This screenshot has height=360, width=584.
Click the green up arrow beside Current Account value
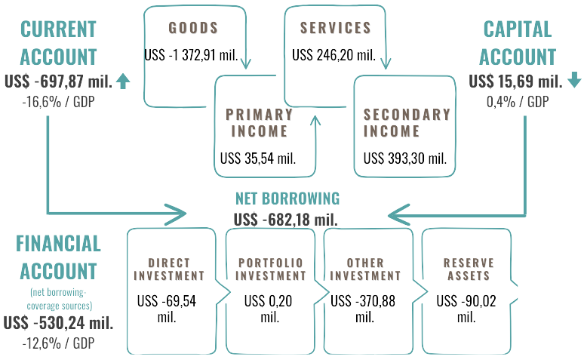[x=124, y=82]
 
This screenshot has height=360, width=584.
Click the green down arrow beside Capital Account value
[x=573, y=81]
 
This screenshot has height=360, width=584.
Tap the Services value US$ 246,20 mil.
[x=333, y=55]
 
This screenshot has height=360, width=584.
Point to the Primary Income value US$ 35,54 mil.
[x=257, y=158]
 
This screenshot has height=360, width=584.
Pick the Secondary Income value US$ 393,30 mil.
[x=405, y=158]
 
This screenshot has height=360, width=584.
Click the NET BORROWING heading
[x=287, y=198]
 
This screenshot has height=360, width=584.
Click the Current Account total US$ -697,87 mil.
[x=58, y=82]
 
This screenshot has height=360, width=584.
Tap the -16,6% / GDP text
[x=58, y=100]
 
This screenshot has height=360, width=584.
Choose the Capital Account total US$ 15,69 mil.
[x=515, y=82]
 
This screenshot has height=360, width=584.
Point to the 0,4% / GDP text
[x=518, y=100]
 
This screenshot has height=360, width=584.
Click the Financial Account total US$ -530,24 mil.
[x=58, y=323]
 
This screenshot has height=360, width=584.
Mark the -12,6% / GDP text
[x=59, y=343]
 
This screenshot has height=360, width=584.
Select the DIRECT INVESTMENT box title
[x=169, y=269]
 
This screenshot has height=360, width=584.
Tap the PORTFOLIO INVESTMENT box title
[x=271, y=269]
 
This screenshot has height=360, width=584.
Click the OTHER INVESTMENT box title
[x=365, y=269]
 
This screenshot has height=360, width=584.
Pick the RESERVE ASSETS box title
[x=469, y=269]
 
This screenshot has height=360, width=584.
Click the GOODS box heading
[x=193, y=29]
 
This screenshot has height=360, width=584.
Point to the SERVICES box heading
[x=336, y=29]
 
